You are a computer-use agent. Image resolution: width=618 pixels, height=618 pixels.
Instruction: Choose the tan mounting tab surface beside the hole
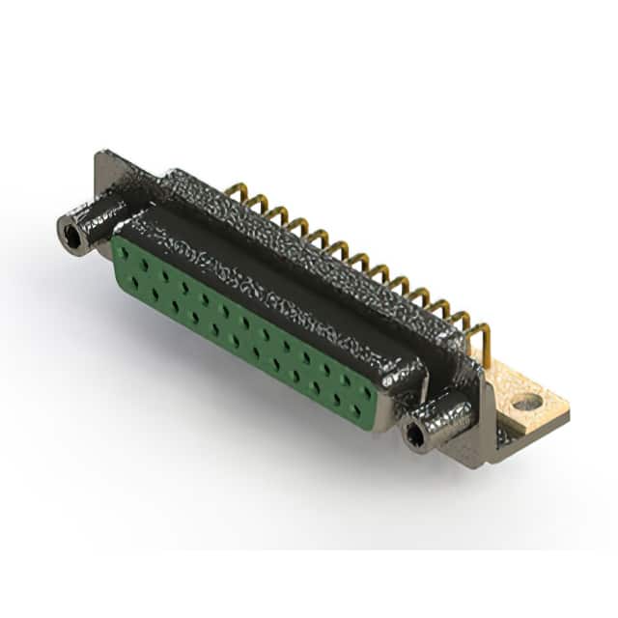point(548,413)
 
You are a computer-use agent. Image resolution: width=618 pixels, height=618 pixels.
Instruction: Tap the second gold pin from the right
point(463,323)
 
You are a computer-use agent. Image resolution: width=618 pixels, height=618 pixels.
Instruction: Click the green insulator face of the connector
point(241,328)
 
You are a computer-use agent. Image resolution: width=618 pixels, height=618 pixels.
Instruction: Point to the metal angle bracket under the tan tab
point(497,439)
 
